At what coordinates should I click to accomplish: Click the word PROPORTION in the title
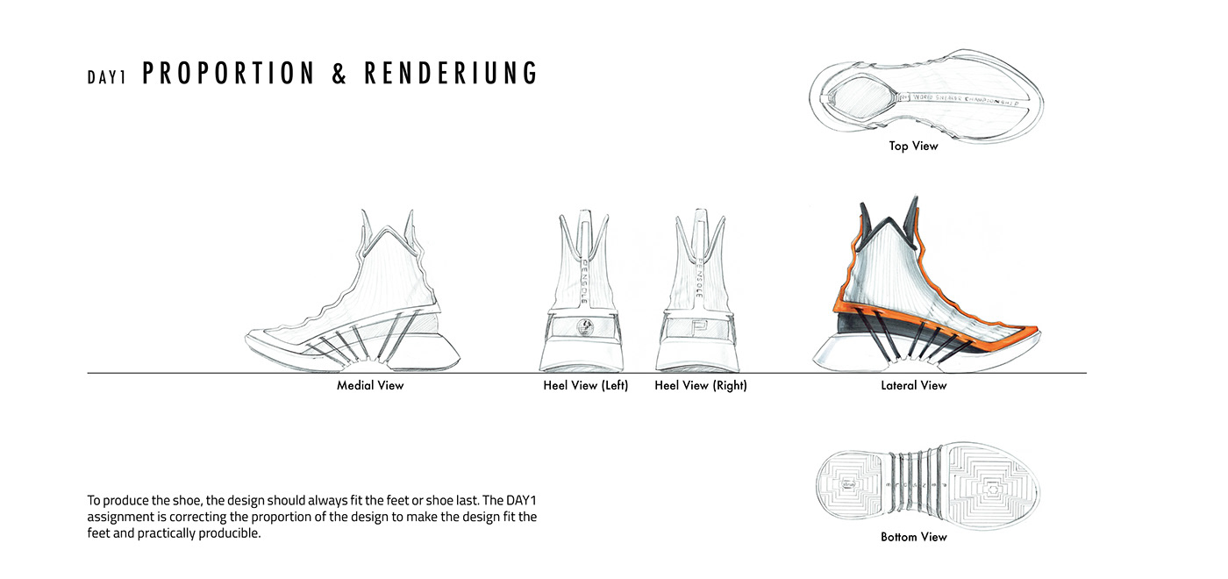(228, 74)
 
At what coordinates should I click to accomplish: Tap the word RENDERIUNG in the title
(451, 74)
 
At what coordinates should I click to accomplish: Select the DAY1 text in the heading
(107, 77)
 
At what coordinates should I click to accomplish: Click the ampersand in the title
(340, 74)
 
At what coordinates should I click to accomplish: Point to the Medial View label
(370, 385)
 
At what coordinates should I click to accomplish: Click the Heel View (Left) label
(586, 385)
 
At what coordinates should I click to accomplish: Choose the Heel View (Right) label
(701, 385)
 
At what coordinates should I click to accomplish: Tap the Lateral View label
(914, 385)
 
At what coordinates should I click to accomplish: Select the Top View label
(913, 146)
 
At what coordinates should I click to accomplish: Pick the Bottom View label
(913, 536)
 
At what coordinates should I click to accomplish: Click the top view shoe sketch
(925, 101)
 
